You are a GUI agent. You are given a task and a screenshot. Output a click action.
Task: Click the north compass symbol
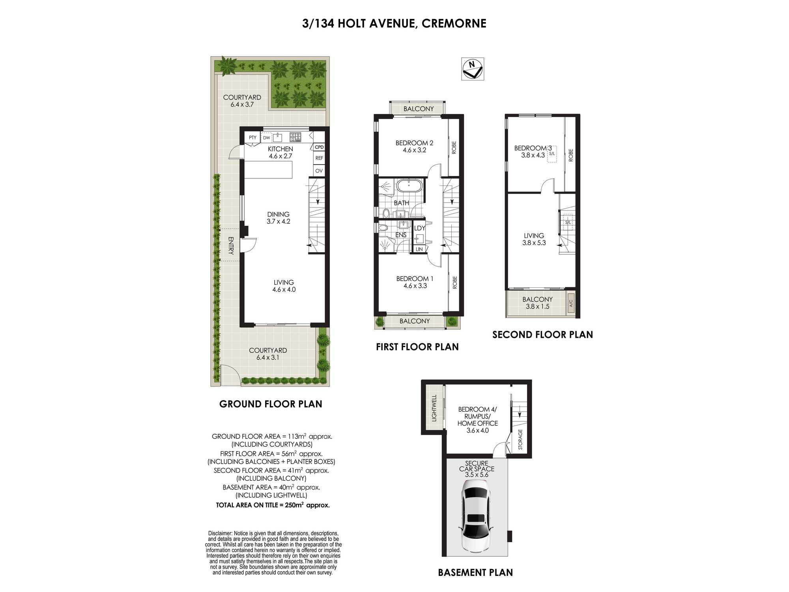(473, 69)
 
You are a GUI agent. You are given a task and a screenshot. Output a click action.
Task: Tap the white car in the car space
(475, 519)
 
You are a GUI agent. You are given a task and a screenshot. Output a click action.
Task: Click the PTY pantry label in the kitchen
(252, 138)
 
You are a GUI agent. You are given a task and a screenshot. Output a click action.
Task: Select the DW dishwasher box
(267, 138)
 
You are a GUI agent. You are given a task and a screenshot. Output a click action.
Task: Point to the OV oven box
(319, 171)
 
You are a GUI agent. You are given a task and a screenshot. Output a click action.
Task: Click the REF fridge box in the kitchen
(319, 158)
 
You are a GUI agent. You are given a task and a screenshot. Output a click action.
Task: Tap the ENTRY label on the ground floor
(231, 245)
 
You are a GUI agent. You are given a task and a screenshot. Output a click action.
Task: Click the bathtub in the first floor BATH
(409, 185)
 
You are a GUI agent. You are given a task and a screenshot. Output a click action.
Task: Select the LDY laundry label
(419, 228)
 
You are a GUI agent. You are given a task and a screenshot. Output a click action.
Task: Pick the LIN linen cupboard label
(419, 249)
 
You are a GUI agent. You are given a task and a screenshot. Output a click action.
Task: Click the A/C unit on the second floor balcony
(570, 303)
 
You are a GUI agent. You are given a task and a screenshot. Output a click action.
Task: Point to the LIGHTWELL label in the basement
(434, 408)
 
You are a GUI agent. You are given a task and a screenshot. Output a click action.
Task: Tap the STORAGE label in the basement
(520, 439)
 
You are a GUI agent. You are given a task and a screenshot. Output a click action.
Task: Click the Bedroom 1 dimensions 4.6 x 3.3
(415, 286)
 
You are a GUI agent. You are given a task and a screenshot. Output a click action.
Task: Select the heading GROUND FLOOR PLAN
(271, 404)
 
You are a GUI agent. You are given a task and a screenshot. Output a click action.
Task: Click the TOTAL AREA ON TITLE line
(273, 505)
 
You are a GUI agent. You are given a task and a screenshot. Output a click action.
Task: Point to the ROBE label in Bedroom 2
(454, 148)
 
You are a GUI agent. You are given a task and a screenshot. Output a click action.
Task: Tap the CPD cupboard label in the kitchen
(319, 147)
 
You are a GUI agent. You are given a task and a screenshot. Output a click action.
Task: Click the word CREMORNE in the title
(454, 23)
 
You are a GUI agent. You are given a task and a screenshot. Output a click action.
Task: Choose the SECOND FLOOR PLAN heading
(542, 335)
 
